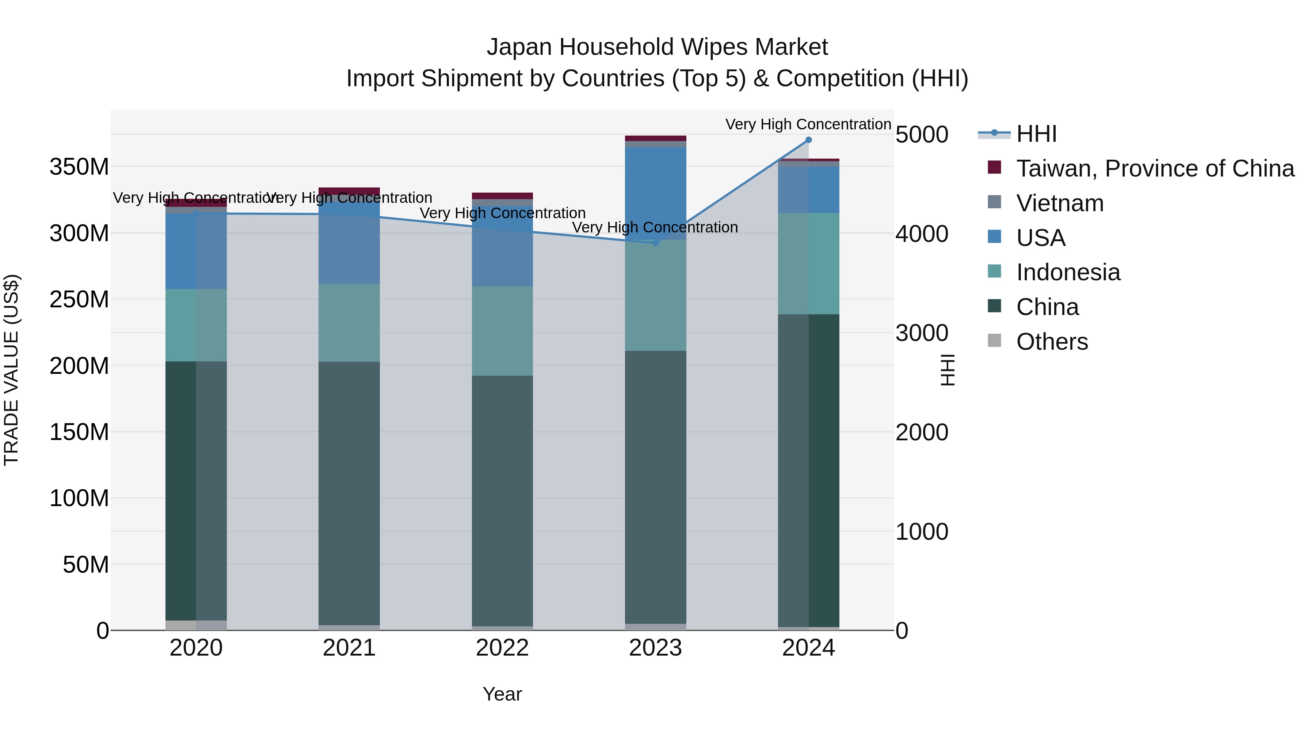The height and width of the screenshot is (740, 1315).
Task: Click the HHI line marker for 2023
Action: click(x=655, y=243)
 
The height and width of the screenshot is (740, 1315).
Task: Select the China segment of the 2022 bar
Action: click(x=502, y=501)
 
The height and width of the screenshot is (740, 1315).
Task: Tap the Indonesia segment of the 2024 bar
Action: click(x=809, y=263)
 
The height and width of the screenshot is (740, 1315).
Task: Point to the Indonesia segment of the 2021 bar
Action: click(x=349, y=323)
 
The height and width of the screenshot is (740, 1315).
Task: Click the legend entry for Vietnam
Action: click(x=1059, y=203)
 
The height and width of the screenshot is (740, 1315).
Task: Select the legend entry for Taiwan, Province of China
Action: click(x=1155, y=168)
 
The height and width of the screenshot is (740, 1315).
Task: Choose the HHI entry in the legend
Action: click(x=1036, y=134)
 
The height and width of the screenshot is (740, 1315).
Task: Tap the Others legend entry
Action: click(x=1052, y=342)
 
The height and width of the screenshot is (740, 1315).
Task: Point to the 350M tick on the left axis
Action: click(x=79, y=167)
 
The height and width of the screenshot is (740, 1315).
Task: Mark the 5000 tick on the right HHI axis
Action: click(x=922, y=135)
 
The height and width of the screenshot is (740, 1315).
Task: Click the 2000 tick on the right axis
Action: click(x=922, y=433)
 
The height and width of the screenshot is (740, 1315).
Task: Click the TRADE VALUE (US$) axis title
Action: click(x=11, y=370)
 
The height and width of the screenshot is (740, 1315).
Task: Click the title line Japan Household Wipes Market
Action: click(x=657, y=47)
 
